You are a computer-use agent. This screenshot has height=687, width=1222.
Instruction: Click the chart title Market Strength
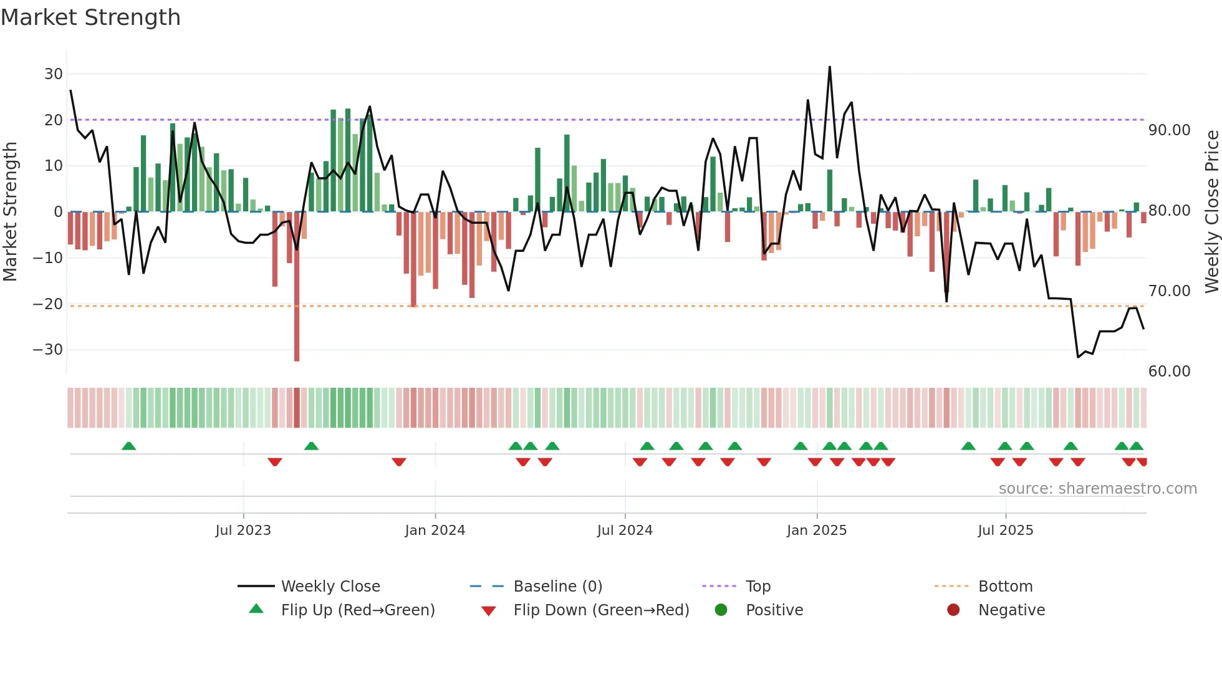point(90,17)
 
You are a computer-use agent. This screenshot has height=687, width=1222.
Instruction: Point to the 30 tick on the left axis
point(54,74)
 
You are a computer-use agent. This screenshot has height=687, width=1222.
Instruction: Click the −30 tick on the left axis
point(49,350)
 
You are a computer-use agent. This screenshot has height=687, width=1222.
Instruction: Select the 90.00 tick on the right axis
point(1170,130)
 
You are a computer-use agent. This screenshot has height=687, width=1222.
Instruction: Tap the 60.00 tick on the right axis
point(1170,372)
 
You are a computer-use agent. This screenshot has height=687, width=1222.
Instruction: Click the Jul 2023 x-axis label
point(243,531)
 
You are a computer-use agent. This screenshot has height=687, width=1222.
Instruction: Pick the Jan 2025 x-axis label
point(817,531)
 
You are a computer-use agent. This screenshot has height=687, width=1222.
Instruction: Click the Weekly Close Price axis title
point(1211,212)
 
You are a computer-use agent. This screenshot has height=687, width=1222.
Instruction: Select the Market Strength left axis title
point(11,212)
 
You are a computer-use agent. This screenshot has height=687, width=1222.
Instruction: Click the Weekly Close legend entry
point(330,587)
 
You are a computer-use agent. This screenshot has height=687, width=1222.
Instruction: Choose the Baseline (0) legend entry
point(557,587)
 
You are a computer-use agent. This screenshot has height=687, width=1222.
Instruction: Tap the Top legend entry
point(758,587)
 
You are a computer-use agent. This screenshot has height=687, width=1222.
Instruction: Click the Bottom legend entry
point(1005,587)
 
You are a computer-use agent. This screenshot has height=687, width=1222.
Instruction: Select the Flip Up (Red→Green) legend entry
point(358,610)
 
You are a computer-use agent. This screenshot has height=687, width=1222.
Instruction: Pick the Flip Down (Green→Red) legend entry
point(601,610)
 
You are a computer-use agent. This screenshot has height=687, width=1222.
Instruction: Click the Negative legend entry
point(1011,610)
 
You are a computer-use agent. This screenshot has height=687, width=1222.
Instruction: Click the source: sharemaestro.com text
point(1097,489)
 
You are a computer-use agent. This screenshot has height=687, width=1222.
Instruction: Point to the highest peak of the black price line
point(830,67)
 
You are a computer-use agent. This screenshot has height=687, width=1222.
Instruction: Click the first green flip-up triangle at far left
point(129,446)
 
